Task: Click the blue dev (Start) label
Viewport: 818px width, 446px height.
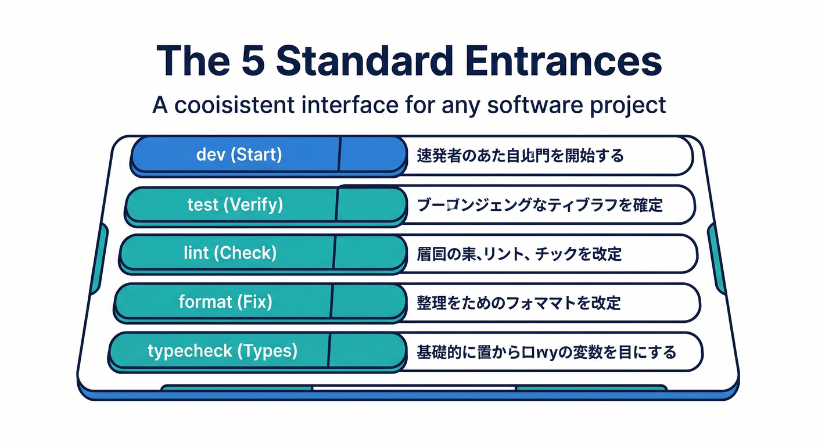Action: [239, 155]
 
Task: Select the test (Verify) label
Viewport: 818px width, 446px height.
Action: [235, 204]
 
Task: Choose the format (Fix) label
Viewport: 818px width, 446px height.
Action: [225, 302]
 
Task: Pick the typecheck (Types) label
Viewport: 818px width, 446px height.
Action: [223, 351]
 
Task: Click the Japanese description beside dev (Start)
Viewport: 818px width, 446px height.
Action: [520, 156]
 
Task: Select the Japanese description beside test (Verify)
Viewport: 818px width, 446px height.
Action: [540, 204]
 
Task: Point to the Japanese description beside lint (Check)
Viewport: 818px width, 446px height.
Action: [519, 254]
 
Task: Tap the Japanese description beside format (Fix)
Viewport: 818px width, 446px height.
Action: [519, 303]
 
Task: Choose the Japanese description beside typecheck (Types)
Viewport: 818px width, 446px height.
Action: [546, 351]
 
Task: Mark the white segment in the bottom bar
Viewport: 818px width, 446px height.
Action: [414, 388]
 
